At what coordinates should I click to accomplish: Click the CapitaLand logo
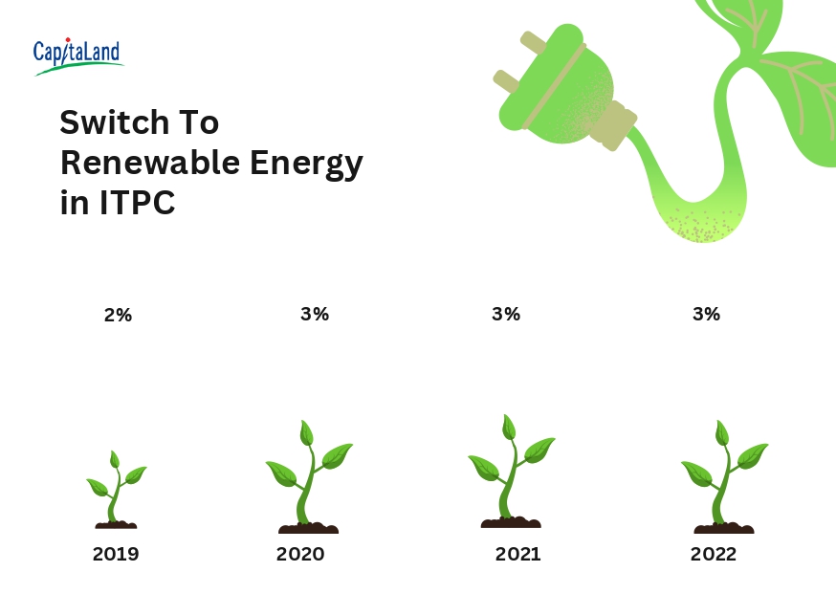point(77,56)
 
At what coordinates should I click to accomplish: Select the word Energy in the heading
point(307,165)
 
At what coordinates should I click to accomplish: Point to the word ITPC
point(138,203)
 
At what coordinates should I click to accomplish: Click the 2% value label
point(118,315)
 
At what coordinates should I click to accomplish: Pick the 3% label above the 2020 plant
point(315,314)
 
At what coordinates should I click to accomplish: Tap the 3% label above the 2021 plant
point(506,314)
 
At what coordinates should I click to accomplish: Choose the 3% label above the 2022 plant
point(707,314)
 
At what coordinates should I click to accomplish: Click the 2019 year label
point(116,554)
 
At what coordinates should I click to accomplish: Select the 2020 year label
point(300,554)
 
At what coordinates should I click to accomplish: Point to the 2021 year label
point(517,554)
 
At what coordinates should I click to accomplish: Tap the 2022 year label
point(714,554)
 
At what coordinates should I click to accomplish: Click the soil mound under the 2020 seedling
point(308,528)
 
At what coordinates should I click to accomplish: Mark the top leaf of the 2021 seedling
point(509,428)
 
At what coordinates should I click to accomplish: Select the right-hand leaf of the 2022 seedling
point(752,454)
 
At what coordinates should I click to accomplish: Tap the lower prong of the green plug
point(507,82)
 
